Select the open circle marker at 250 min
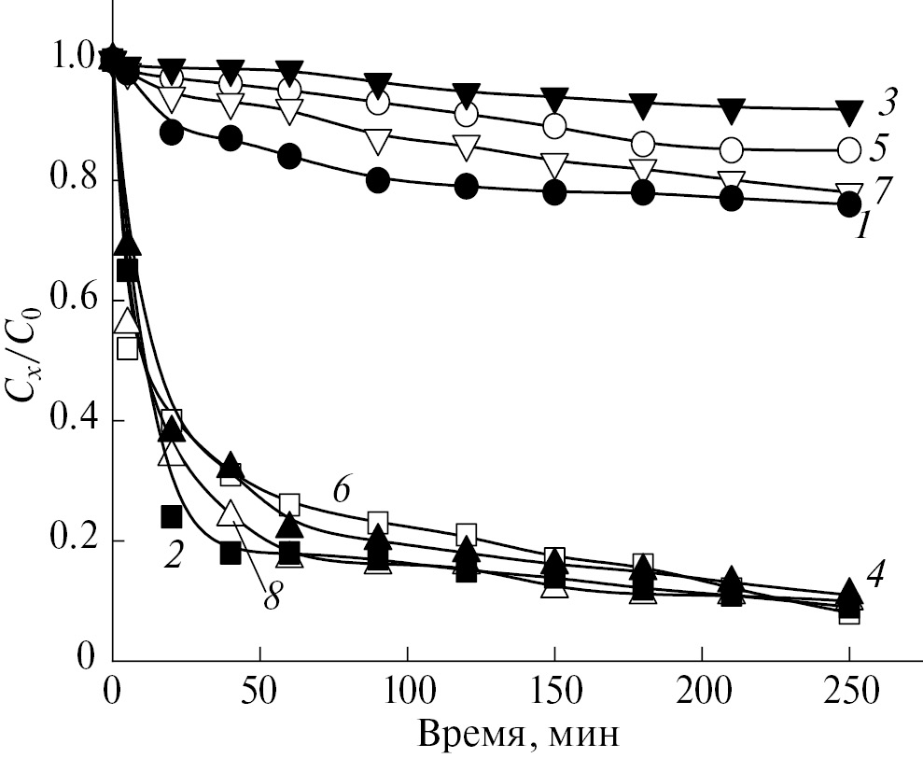849,148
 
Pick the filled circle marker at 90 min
378,181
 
